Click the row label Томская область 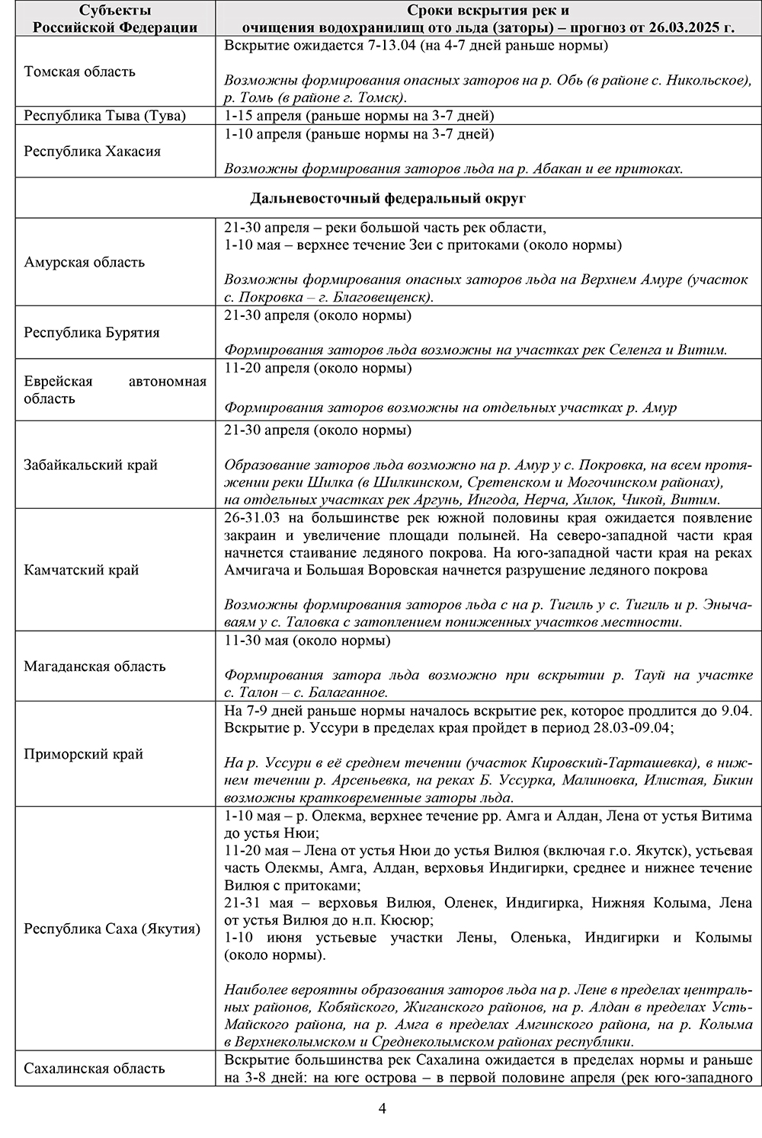coord(79,72)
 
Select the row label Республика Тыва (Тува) coord(104,116)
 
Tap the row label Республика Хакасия coord(92,151)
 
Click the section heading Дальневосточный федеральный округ coord(388,199)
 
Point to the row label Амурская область coord(84,262)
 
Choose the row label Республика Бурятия coord(91,332)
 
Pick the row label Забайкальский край coord(91,465)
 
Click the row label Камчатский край coord(81,570)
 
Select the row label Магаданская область coord(94,666)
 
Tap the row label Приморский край coord(83,754)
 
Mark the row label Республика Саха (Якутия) coord(112,929)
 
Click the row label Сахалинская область coord(94,1069)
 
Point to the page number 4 coord(383,1108)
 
